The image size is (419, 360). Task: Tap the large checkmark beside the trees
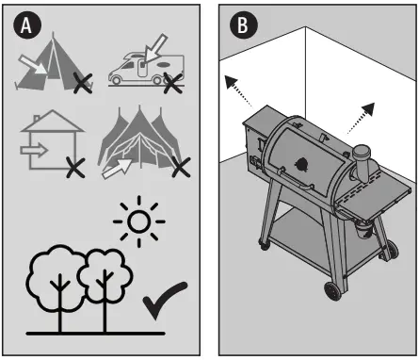[x=164, y=305]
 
